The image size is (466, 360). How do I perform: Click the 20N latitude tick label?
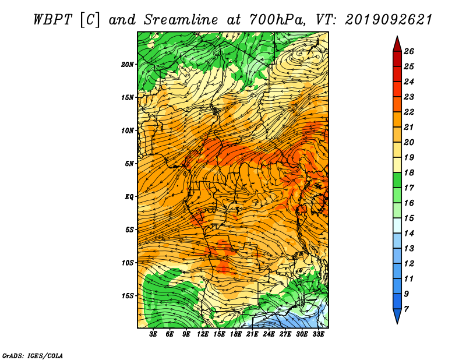[128, 65]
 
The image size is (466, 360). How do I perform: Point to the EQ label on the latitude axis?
[129, 197]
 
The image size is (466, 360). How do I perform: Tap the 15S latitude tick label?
[128, 296]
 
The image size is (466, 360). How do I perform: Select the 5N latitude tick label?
[129, 164]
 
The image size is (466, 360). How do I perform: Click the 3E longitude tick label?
[153, 334]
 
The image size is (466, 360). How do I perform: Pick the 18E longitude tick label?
[236, 334]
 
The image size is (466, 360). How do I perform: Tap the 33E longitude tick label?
[318, 334]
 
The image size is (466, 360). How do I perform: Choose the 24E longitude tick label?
[269, 334]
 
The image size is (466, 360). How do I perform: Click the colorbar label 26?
[409, 51]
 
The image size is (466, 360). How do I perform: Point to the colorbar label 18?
[409, 172]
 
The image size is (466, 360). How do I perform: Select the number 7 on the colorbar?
[406, 309]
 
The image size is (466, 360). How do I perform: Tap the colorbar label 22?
[409, 112]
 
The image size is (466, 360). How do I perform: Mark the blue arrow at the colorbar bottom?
[397, 315]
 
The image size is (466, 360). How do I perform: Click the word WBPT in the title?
[53, 20]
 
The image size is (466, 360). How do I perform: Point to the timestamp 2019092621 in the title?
[389, 20]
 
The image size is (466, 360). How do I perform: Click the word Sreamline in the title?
[181, 20]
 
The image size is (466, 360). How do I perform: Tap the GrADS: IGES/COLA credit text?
[33, 356]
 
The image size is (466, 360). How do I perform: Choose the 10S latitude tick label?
[128, 263]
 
